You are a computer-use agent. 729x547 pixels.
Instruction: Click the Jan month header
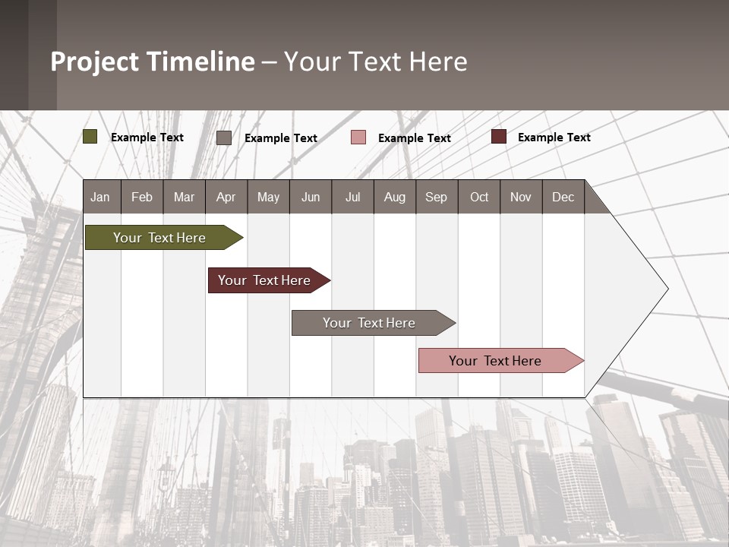(101, 197)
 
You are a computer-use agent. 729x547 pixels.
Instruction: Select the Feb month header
(142, 197)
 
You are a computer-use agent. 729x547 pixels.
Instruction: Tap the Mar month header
(184, 197)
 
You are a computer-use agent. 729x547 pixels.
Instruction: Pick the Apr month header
(226, 197)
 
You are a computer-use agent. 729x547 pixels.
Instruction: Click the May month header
(268, 197)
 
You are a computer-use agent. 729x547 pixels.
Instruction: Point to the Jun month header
(311, 197)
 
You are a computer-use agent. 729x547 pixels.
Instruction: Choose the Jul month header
(352, 197)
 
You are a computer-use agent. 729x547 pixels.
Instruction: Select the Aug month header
(395, 197)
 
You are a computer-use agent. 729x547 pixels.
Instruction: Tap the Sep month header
(437, 197)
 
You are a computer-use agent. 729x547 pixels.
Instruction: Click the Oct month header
(479, 197)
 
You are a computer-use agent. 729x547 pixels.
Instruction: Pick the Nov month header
(521, 197)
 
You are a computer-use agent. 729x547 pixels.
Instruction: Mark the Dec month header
(563, 197)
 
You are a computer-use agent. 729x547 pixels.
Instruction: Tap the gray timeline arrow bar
(370, 323)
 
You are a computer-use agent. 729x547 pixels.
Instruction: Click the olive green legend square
(90, 137)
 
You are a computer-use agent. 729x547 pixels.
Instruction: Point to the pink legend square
(358, 137)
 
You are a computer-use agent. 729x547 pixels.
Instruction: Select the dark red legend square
(498, 137)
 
